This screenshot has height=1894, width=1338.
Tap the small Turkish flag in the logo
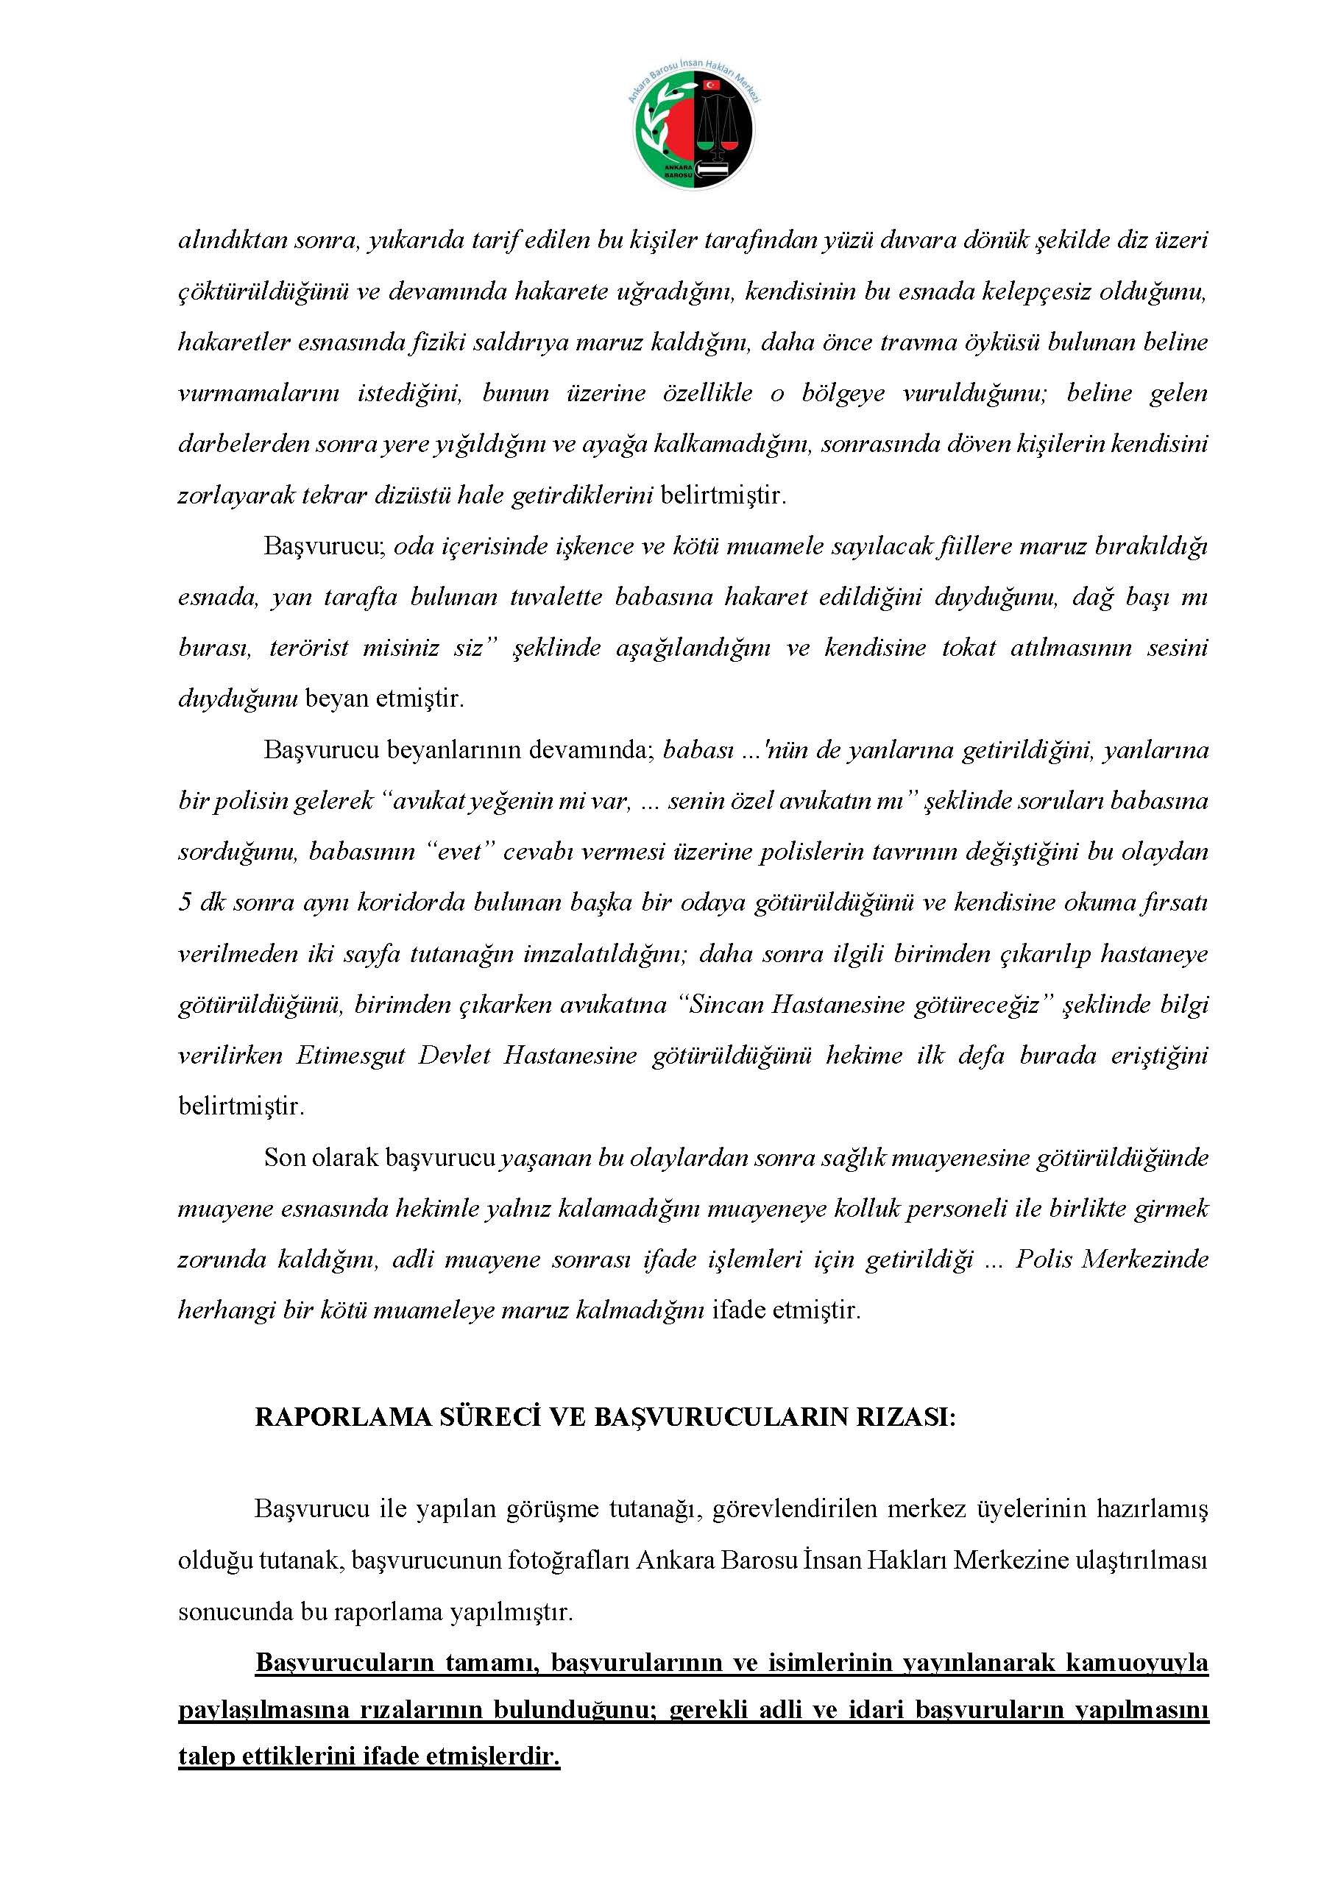[710, 85]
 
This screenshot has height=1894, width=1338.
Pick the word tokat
[968, 648]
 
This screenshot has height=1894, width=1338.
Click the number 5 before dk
[184, 903]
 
